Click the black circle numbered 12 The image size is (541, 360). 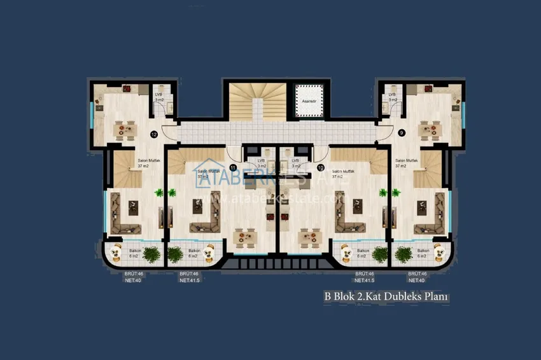coord(153,134)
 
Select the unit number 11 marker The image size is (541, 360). coord(234,167)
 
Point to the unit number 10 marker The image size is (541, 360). coord(321,167)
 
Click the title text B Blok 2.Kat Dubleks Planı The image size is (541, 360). coord(387,296)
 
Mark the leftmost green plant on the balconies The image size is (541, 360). coord(151,254)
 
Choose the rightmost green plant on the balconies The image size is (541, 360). coord(404,254)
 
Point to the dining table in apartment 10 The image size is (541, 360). coord(309,237)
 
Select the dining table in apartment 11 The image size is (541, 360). coord(244,237)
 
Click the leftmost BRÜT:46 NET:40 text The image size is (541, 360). coord(134,277)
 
